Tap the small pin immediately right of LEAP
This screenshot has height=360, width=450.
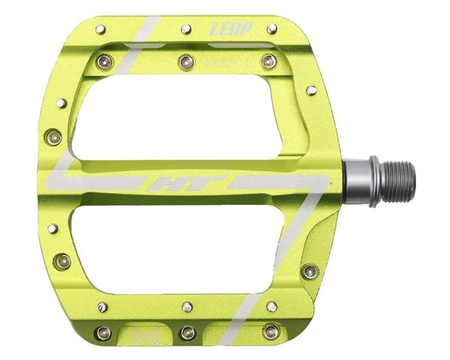point(271,29)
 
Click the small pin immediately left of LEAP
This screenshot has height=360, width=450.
point(187,29)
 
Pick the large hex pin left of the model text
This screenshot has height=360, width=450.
point(187,60)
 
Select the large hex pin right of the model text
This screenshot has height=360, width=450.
point(269,60)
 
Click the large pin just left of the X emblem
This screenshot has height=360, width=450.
point(103,333)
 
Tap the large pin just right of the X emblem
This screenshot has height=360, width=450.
point(187,333)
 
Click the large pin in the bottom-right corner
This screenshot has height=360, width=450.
point(271,332)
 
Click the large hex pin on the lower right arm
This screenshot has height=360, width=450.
point(310,271)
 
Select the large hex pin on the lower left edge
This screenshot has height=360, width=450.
point(63,260)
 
